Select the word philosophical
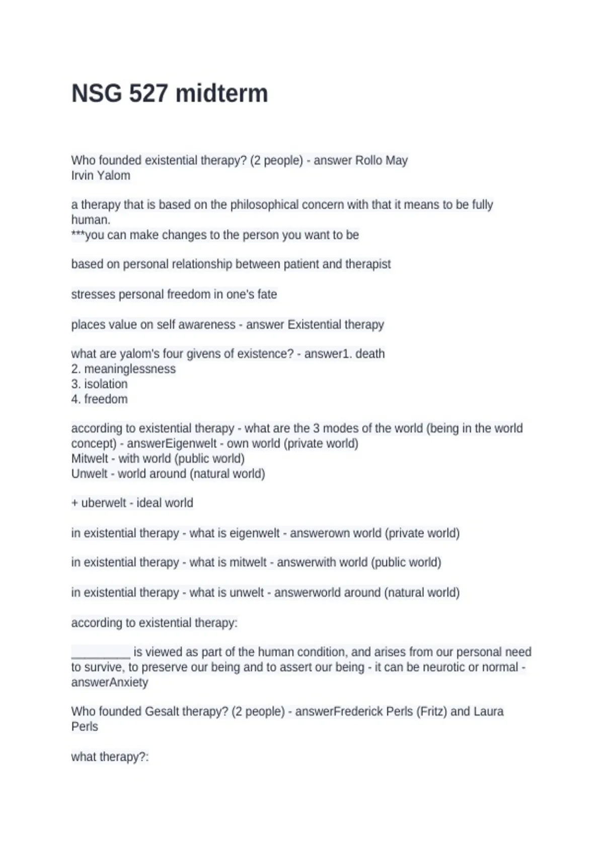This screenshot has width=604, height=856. tap(264, 205)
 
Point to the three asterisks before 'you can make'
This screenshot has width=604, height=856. tap(78, 234)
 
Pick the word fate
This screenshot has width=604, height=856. tap(266, 295)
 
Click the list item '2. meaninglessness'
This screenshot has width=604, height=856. tap(123, 369)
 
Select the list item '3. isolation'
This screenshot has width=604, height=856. tap(99, 384)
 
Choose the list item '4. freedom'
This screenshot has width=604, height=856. tap(99, 399)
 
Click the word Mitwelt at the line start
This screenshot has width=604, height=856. tap(90, 459)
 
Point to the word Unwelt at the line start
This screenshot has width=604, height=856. tap(89, 474)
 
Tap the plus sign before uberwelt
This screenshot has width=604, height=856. tap(74, 503)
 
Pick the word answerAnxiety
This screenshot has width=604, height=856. tap(110, 682)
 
